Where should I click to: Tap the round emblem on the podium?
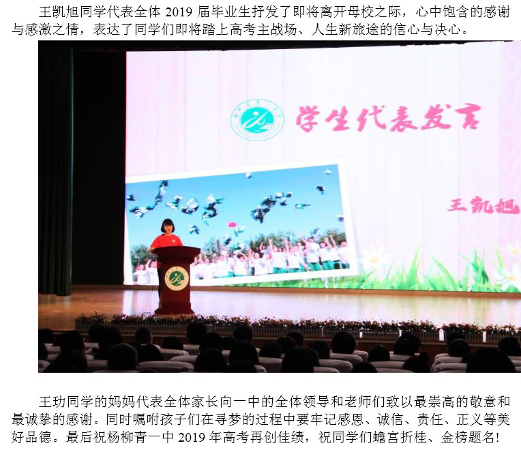tap(177, 278)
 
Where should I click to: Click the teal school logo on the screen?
tap(257, 120)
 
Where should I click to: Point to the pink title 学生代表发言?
tap(389, 118)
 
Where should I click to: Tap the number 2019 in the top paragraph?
tap(179, 12)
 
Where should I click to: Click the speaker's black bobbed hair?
tap(168, 226)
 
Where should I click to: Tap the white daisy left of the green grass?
tap(374, 259)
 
